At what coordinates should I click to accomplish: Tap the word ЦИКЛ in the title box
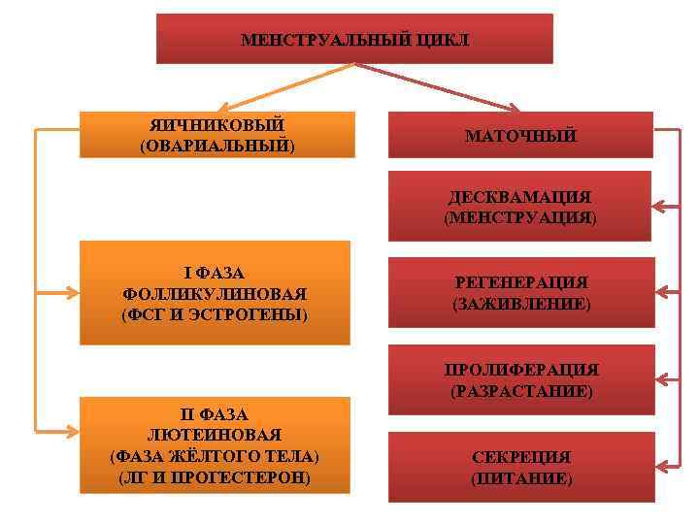444,41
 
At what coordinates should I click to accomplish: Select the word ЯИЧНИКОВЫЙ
216,126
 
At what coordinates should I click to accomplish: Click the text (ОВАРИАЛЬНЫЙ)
216,147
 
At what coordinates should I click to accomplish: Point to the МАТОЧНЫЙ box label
520,136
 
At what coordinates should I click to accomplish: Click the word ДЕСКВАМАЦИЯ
520,197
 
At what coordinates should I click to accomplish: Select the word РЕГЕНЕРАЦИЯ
520,282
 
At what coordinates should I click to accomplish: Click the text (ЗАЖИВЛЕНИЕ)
520,304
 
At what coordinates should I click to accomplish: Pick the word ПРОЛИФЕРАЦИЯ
521,370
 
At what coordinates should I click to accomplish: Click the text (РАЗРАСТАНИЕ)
521,392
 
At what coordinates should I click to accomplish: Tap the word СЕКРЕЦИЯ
521,457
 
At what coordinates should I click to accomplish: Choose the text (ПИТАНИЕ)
521,478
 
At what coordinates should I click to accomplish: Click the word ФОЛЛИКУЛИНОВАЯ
215,294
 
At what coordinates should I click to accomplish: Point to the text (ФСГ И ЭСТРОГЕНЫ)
215,315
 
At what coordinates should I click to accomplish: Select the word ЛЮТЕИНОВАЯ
215,435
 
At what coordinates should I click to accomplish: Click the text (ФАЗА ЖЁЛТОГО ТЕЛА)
215,456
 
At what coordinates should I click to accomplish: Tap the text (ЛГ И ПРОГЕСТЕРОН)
215,477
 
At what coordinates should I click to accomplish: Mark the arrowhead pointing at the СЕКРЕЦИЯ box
657,464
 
